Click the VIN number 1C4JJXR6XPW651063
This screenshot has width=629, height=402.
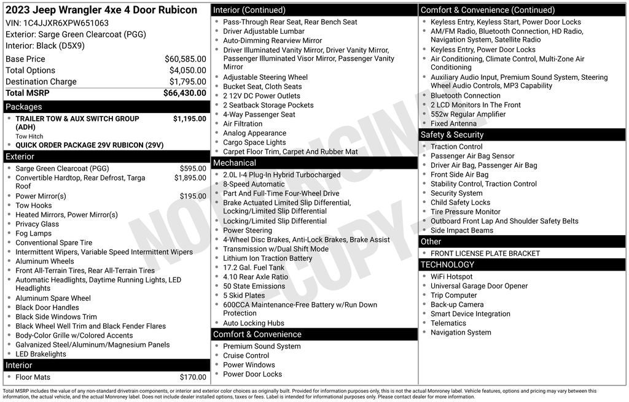[66, 23]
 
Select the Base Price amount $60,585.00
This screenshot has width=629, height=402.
[185, 59]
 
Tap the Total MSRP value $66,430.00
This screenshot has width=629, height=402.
[184, 93]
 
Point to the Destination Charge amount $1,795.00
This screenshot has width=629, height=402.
[187, 82]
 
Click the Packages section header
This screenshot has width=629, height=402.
[24, 107]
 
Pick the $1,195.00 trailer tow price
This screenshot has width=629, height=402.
[189, 118]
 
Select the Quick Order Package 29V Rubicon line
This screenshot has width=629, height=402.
[89, 145]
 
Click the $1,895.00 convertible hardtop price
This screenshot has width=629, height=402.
[190, 178]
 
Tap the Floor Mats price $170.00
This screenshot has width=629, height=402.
[193, 377]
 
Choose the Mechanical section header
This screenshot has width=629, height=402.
[234, 163]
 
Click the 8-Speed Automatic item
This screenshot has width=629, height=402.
[254, 184]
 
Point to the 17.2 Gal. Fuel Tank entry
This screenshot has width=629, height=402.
[254, 268]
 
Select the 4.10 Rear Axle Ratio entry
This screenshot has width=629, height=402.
[256, 277]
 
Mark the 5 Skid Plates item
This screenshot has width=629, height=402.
[244, 295]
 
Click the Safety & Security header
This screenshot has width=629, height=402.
[452, 135]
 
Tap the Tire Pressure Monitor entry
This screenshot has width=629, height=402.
[465, 212]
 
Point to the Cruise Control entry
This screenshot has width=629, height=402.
[246, 355]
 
